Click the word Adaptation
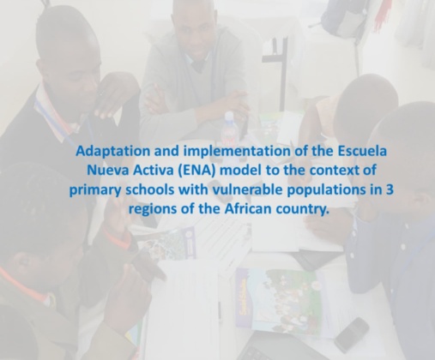[x=113, y=152]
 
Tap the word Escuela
[x=362, y=151]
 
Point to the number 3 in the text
[x=390, y=189]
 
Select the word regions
[x=153, y=210]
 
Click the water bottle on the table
[x=229, y=128]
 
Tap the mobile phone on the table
[x=352, y=334]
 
